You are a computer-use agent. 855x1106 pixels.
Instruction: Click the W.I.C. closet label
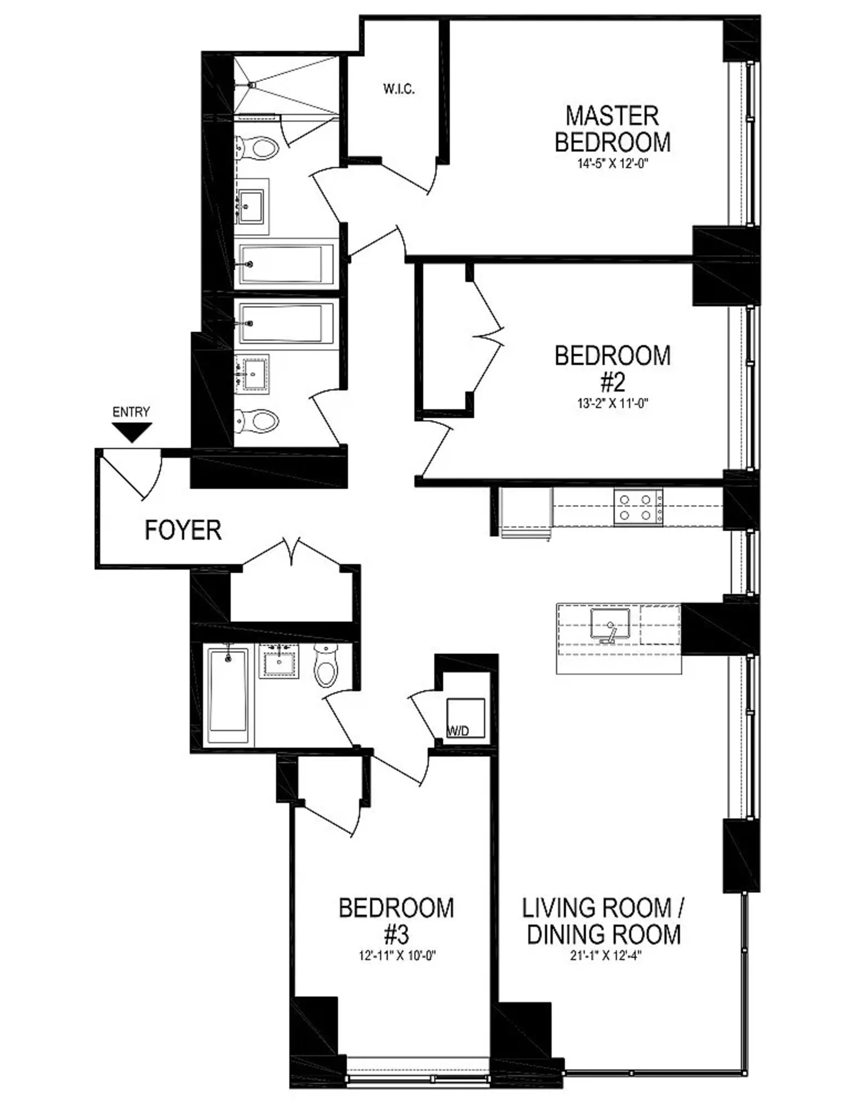(399, 89)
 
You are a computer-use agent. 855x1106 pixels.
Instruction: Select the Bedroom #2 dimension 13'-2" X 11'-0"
(612, 404)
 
